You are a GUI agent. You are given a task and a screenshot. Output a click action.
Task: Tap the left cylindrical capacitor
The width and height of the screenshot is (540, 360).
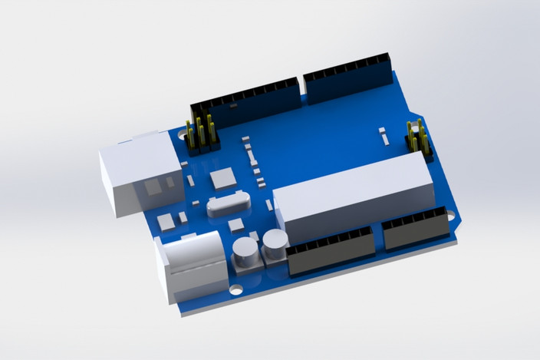click(x=245, y=251)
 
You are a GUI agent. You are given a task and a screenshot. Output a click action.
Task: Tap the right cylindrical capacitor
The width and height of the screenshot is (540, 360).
click(x=275, y=244)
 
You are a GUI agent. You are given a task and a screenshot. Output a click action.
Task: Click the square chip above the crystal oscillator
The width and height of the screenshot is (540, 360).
click(x=223, y=179)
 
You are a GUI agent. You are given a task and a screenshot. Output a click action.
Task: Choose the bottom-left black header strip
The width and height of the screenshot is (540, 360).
click(x=331, y=253)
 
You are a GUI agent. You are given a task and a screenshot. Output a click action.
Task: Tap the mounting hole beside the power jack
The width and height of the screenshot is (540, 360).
click(x=236, y=290)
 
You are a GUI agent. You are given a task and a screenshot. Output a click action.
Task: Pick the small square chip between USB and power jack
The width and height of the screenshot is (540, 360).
click(x=166, y=223)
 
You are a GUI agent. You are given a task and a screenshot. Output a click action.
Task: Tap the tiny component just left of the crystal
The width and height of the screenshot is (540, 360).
click(x=196, y=203)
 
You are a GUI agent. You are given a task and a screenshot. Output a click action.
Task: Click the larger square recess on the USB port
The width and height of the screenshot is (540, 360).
click(x=153, y=186)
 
